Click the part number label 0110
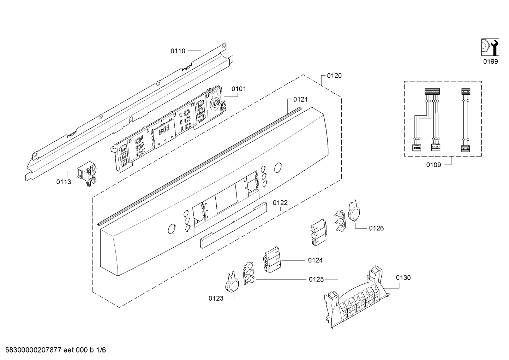[178, 51]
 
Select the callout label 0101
[239, 89]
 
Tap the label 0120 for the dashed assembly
[334, 76]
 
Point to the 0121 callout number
[300, 99]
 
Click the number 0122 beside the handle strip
[280, 203]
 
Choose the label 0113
[64, 182]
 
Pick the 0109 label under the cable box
[433, 165]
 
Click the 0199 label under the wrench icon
[491, 61]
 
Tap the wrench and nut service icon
[490, 47]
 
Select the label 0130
[403, 278]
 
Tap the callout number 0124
[316, 260]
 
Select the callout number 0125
[316, 279]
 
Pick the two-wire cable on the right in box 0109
[466, 120]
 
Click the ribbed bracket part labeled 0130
[357, 298]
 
